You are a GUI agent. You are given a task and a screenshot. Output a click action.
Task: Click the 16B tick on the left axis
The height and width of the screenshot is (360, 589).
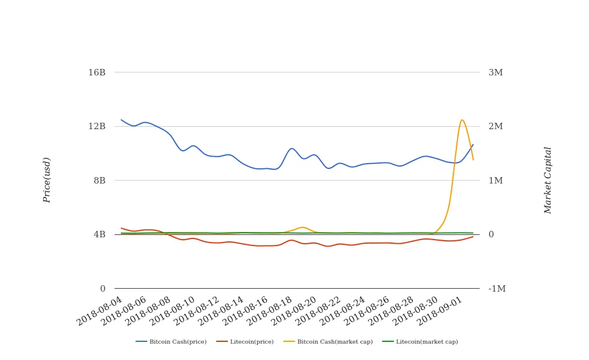coord(97,72)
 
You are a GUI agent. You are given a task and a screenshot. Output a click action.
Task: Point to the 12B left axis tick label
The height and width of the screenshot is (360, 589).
coord(97,126)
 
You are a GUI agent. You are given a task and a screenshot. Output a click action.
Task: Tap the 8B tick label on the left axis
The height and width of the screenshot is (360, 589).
coord(99,180)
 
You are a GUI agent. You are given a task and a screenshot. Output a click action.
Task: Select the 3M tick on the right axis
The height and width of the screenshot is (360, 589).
coord(496,72)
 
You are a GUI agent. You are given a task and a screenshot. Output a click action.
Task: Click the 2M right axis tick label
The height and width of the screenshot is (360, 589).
coord(496,126)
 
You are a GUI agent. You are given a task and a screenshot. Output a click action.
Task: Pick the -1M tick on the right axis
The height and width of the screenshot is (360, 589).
coord(497,289)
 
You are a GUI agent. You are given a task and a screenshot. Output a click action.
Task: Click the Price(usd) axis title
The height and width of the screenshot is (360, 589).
coord(47,180)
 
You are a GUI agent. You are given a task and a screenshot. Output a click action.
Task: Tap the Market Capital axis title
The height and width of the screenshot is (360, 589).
coord(548,180)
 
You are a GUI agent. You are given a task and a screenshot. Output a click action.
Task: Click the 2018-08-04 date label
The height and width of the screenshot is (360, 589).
coord(100,309)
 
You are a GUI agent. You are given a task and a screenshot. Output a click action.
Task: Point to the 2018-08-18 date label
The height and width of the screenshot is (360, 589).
coord(269,309)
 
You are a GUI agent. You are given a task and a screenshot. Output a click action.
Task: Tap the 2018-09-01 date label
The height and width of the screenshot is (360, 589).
coord(439,309)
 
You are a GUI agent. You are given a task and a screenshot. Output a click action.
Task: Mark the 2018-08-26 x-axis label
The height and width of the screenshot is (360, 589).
coord(366,309)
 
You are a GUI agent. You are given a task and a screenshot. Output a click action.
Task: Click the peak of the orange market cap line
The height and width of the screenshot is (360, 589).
coord(462,120)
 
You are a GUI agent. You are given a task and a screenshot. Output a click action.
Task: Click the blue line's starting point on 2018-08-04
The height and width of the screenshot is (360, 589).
coord(122,120)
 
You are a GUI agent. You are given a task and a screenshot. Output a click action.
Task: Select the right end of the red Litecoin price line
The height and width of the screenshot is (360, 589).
coord(473,236)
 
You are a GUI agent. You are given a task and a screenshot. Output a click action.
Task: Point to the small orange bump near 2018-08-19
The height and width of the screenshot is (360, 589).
coord(302,227)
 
